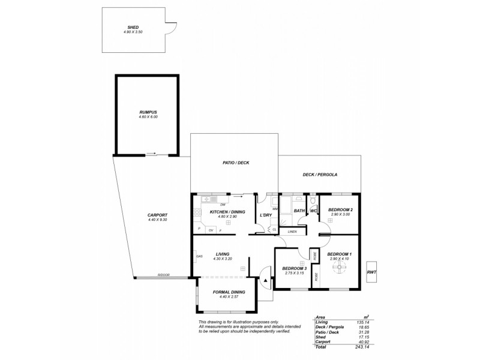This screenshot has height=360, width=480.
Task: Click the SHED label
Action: point(133,27)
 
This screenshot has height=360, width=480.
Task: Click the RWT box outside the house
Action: point(371,272)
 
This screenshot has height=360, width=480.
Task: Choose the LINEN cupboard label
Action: point(292,231)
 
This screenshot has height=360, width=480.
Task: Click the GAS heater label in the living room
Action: point(199,257)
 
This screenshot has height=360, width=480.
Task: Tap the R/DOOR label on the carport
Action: point(163,275)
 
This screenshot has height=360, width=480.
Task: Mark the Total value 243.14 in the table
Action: point(362,347)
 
